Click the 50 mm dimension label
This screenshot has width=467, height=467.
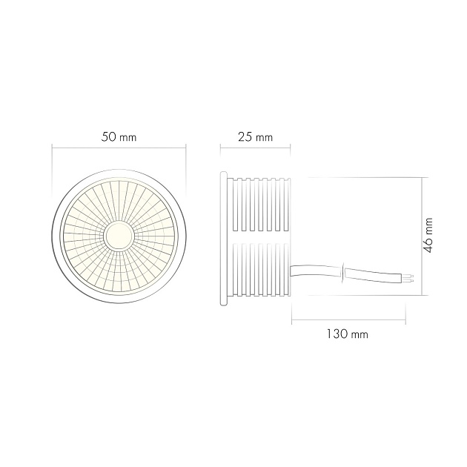click(119, 137)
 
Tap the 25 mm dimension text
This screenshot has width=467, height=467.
click(256, 137)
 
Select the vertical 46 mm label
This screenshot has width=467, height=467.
click(428, 235)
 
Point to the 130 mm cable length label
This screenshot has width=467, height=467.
click(348, 334)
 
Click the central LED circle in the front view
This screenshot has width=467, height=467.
click(119, 236)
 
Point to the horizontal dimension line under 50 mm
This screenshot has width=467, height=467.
click(119, 147)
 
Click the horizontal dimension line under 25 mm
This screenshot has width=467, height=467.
click(256, 147)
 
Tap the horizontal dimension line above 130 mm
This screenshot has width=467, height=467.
click(348, 322)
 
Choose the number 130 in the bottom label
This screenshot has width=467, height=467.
click(338, 334)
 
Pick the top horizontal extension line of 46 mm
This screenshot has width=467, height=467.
click(363, 177)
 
